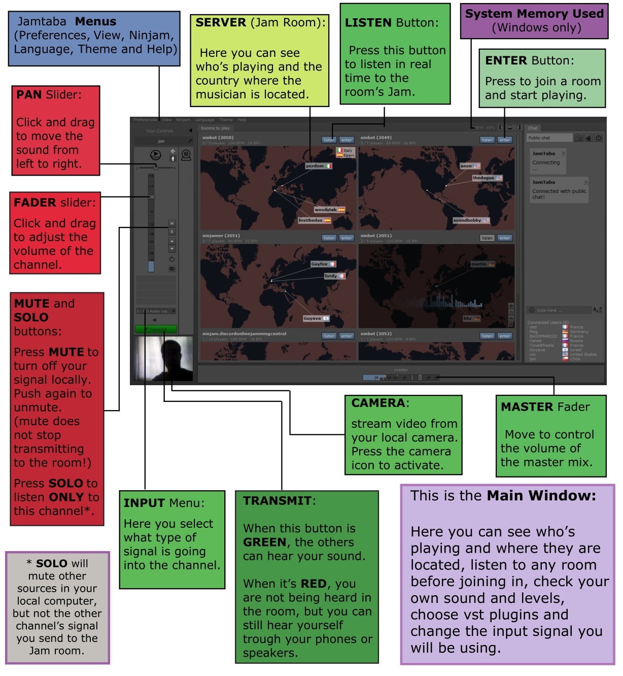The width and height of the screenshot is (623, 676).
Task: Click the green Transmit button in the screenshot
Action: click(156, 329)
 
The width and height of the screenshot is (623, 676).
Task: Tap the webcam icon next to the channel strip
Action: click(186, 155)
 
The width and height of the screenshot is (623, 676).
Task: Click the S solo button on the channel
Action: click(171, 231)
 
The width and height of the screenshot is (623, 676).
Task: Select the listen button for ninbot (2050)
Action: click(329, 140)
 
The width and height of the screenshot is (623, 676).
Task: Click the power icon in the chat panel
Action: click(599, 138)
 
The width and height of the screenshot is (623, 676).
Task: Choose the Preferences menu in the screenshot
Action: click(145, 120)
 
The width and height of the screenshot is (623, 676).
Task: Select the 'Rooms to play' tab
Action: click(215, 128)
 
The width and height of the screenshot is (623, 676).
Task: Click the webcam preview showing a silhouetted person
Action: click(164, 358)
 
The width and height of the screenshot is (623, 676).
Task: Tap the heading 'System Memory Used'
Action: click(534, 14)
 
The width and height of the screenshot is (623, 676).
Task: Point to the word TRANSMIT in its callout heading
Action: click(277, 501)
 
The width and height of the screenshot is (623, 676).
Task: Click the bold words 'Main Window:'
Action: click(541, 495)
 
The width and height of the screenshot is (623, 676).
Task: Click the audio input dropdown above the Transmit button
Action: click(156, 311)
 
